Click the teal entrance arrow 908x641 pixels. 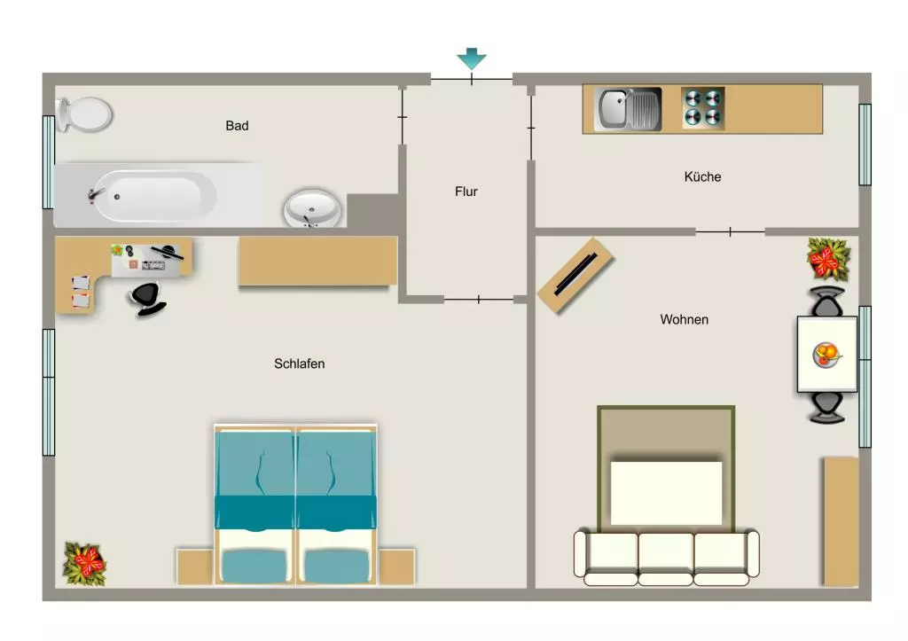click(472, 59)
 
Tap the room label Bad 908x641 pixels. click(237, 126)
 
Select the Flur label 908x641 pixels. click(466, 192)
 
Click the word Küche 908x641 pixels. click(702, 176)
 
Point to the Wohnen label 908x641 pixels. click(684, 320)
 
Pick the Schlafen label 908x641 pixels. click(300, 363)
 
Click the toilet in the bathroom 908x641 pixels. click(84, 114)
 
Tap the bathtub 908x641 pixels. click(153, 196)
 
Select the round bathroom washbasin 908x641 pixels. click(312, 207)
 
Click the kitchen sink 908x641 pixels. click(628, 109)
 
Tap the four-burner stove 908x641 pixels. click(702, 107)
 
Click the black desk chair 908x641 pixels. click(148, 299)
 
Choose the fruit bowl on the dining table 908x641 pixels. click(826, 355)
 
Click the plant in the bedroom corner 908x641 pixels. click(85, 563)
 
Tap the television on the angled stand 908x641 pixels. click(575, 275)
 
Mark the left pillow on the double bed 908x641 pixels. click(254, 566)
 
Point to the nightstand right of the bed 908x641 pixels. click(397, 567)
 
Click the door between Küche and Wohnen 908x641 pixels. click(731, 231)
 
